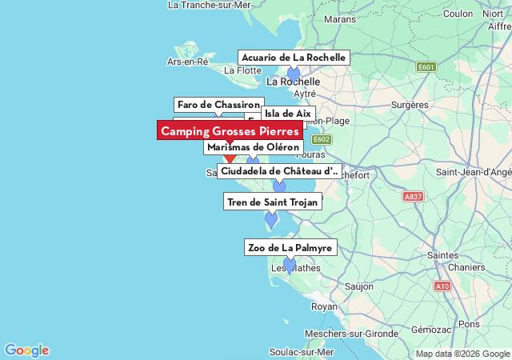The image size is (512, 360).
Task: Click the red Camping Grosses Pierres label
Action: point(230,131)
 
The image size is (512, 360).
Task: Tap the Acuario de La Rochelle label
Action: point(294,58)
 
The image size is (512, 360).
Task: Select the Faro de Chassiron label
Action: point(218,105)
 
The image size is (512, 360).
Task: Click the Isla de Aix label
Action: point(287,114)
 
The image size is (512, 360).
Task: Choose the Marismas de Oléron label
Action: point(252,147)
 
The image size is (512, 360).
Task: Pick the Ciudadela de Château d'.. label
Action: point(279,171)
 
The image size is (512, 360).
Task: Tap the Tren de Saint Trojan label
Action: point(272,202)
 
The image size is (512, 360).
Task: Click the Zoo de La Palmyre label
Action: point(290,248)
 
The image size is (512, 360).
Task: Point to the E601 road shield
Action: point(426,67)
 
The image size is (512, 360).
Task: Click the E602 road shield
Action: point(321,139)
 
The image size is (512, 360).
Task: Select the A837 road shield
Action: point(413,196)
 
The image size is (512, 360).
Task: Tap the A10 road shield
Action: point(442,286)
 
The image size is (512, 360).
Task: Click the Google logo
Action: point(26,350)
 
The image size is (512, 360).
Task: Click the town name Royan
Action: point(324,306)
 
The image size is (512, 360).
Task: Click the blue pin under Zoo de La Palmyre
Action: point(290,266)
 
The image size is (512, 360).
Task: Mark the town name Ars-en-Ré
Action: point(187,62)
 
